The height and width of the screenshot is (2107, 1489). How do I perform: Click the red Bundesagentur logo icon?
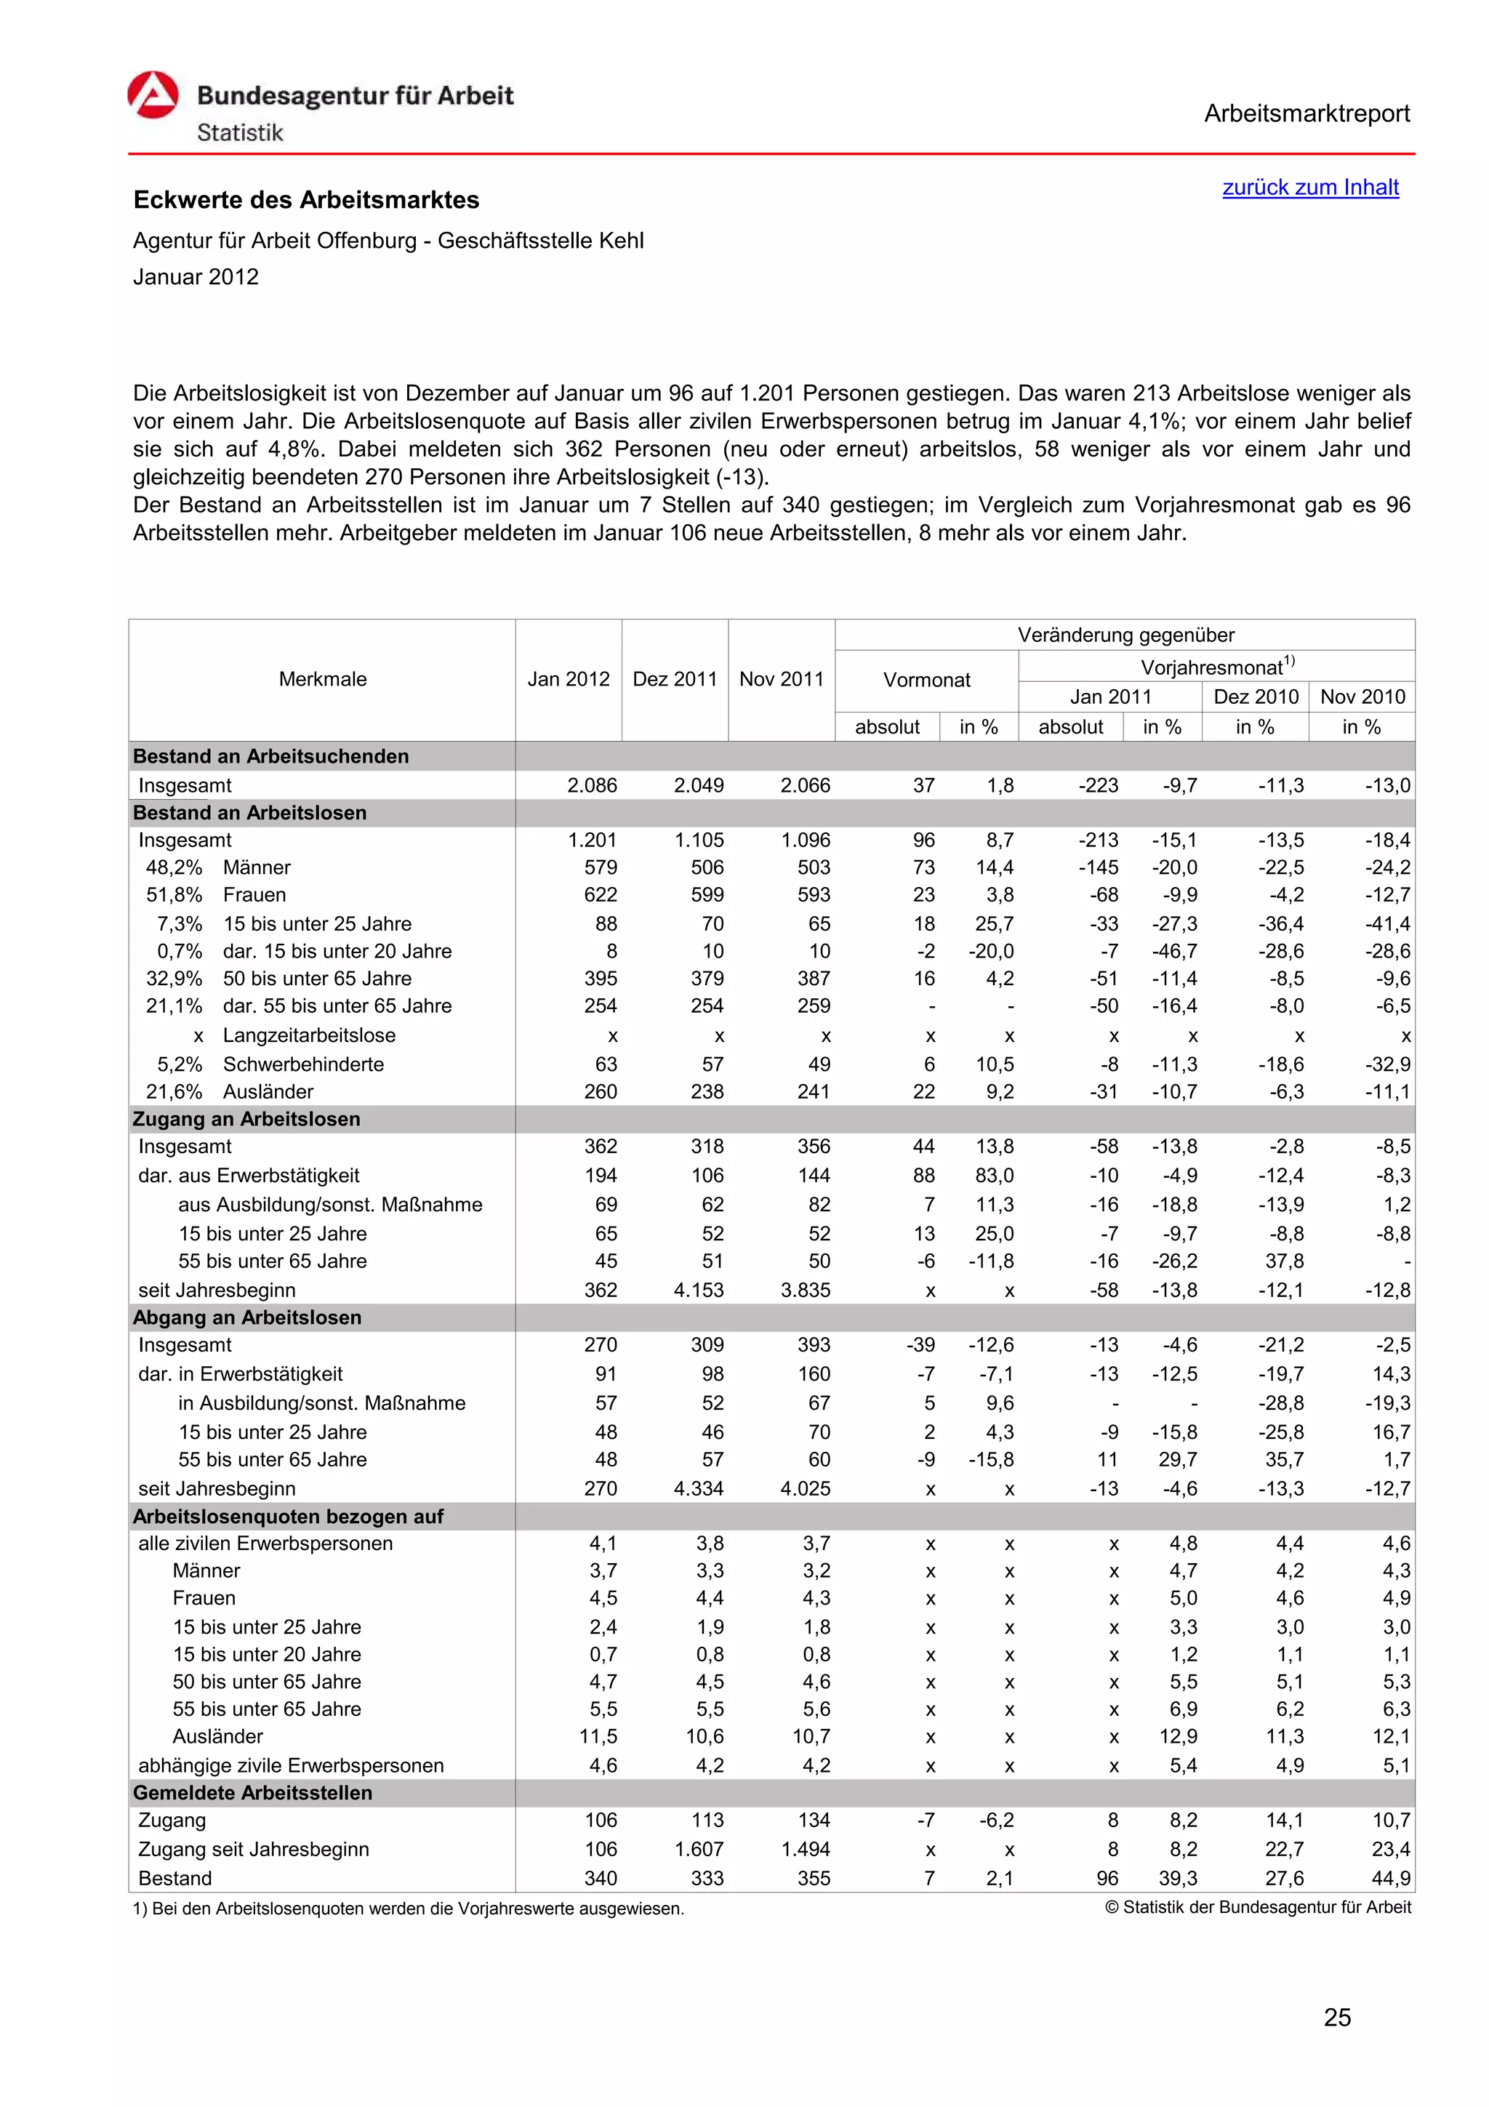[153, 95]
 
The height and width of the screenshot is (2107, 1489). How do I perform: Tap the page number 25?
[1337, 2017]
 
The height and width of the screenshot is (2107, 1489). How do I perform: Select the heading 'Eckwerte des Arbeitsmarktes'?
[305, 200]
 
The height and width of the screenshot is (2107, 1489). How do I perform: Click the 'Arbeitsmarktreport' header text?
[1307, 114]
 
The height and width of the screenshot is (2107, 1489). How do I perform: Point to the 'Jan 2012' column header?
[568, 679]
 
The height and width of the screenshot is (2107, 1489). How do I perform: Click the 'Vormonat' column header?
[926, 680]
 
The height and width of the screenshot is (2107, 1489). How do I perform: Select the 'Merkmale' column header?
[322, 679]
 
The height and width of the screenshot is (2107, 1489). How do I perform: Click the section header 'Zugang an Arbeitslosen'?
[246, 1119]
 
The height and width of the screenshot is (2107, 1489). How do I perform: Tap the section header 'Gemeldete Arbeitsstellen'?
[252, 1792]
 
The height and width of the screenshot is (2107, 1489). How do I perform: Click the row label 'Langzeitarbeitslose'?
[309, 1035]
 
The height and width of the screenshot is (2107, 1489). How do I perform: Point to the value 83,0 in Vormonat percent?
[995, 1176]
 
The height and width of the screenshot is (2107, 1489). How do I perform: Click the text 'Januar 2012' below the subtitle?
[196, 277]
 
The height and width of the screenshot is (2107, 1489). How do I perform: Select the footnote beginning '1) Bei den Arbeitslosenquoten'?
[409, 1908]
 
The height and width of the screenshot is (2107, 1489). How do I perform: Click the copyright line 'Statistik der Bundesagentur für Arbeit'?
[1258, 1907]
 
